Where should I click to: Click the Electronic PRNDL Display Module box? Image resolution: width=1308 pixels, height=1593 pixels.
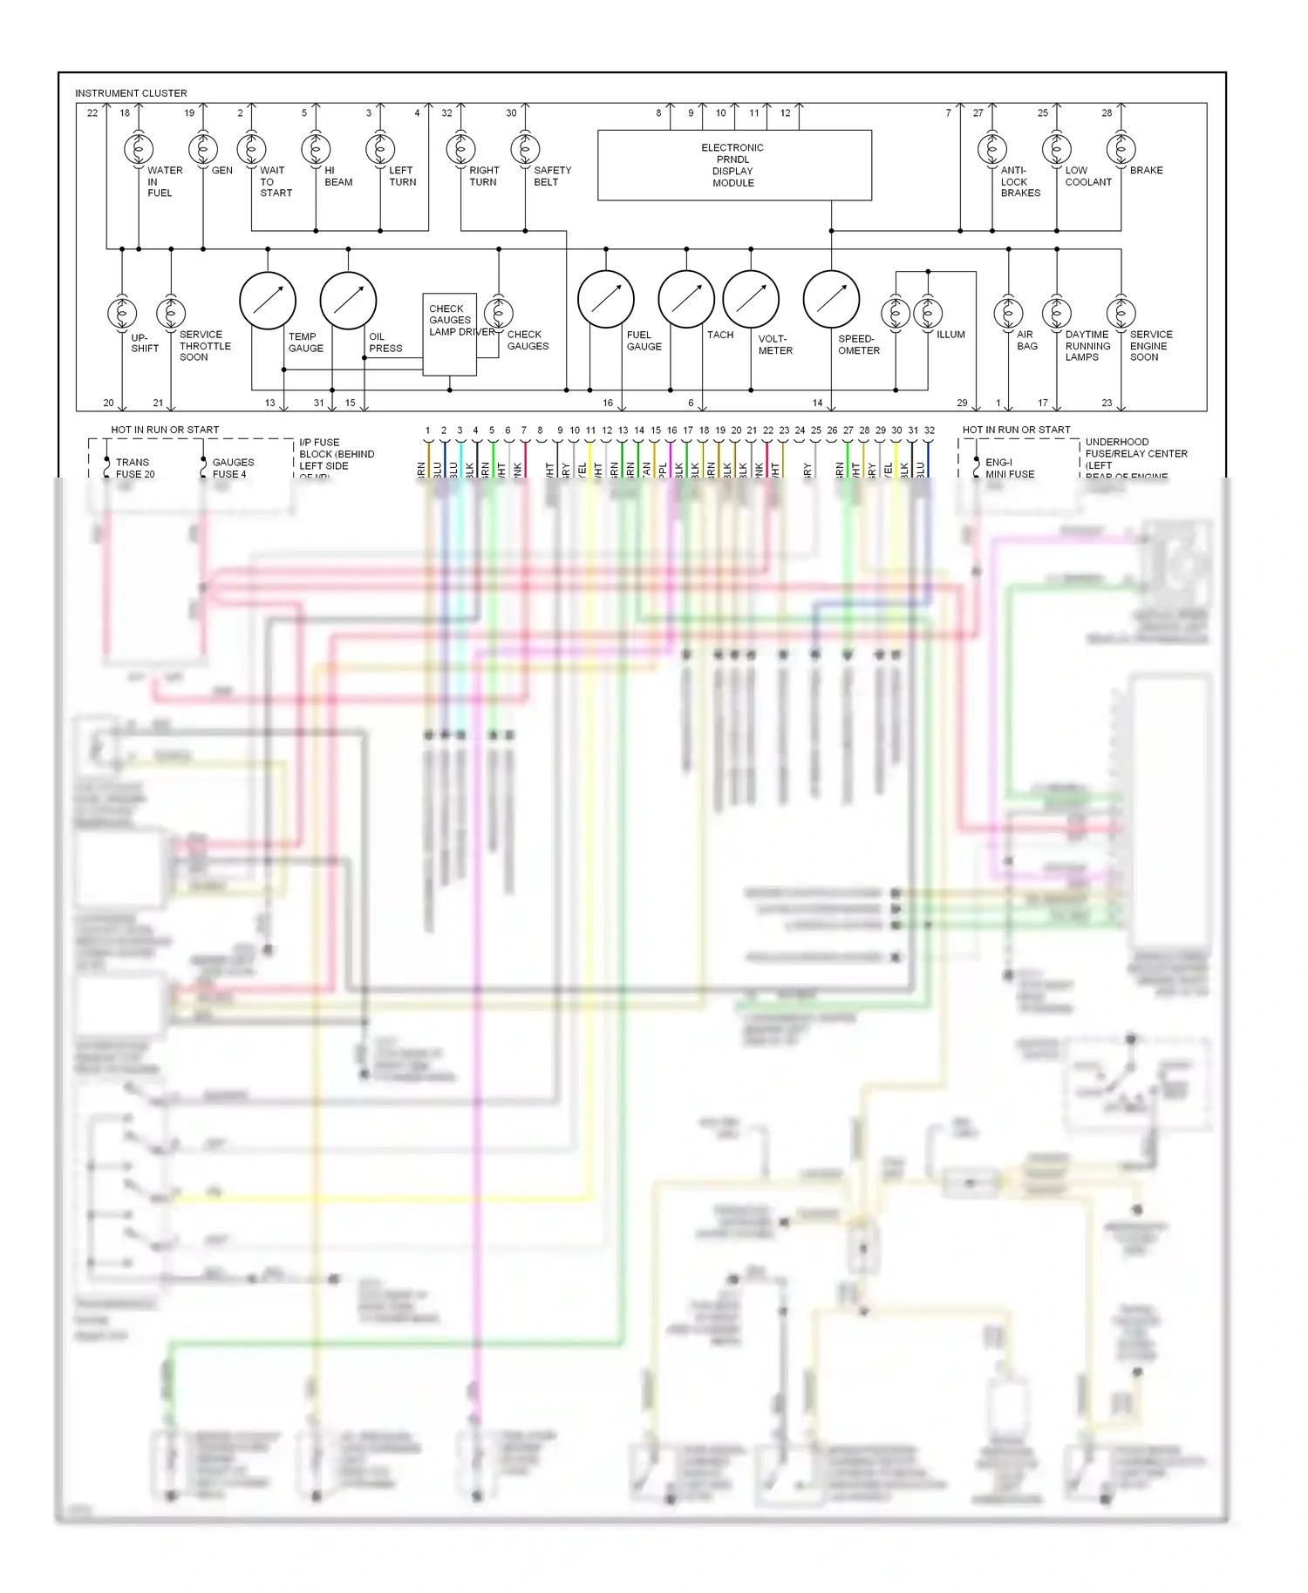tap(734, 166)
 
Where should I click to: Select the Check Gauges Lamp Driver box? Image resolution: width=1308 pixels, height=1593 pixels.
tap(449, 335)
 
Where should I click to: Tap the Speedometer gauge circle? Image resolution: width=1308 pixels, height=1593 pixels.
tap(831, 300)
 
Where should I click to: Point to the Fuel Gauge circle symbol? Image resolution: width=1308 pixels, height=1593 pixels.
tap(605, 300)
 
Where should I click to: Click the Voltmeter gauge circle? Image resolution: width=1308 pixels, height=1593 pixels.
tap(751, 300)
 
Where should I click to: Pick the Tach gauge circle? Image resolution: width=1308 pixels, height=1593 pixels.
tap(686, 300)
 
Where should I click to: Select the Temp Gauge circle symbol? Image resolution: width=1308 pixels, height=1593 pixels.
tap(268, 301)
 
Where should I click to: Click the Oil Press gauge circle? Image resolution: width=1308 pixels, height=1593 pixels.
tap(348, 301)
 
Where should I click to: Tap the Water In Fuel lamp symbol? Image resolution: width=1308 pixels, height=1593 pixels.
tap(139, 149)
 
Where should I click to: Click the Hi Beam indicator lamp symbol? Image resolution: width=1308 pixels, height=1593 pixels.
tap(316, 149)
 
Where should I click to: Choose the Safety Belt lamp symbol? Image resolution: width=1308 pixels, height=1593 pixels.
tap(525, 149)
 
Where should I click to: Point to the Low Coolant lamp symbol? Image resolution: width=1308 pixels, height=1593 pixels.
tap(1056, 149)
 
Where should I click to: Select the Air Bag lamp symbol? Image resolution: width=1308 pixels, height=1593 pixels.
tap(1008, 313)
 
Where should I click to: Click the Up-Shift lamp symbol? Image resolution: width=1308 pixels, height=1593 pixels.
tap(122, 313)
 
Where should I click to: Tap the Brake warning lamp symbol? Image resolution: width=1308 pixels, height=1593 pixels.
tap(1121, 149)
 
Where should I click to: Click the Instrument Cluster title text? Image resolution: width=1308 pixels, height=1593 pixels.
tap(131, 93)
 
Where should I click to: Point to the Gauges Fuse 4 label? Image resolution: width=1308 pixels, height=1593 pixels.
tap(233, 468)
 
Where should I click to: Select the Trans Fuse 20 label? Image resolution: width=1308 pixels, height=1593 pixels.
tap(134, 468)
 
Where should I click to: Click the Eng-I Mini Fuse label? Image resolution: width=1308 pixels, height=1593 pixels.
tap(1009, 468)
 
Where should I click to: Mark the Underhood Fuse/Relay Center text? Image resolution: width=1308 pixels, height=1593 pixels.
tap(1135, 448)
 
